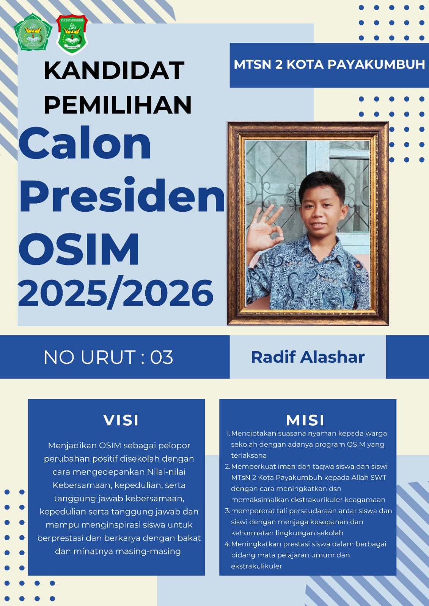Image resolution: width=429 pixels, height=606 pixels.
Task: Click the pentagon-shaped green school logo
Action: pos(33,32)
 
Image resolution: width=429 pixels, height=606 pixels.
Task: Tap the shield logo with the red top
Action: pos(72,34)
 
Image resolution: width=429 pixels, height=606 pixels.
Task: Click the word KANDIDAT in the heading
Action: pos(114,70)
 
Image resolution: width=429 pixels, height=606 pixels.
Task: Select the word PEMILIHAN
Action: pos(118,105)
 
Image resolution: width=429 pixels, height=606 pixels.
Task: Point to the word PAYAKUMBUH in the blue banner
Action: pos(376,65)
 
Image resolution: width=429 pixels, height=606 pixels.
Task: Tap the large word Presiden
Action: pos(122,195)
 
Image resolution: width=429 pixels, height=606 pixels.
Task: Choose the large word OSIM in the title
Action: pos(79,249)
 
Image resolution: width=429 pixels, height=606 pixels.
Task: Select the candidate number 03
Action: pos(162,357)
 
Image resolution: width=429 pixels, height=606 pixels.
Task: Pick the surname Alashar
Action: pos(333,357)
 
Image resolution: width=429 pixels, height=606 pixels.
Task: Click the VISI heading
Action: pos(121,420)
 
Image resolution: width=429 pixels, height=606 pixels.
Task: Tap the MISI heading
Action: pos(305,420)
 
